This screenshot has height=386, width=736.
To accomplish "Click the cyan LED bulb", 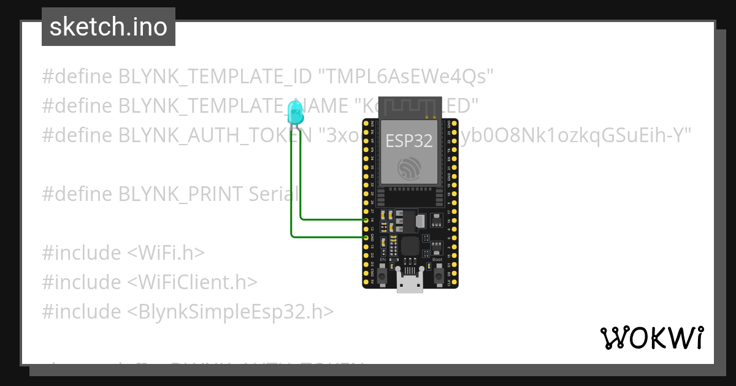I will click(295, 112).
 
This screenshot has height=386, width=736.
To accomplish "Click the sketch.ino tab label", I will click(109, 27).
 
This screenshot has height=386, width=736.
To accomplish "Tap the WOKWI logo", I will click(651, 338).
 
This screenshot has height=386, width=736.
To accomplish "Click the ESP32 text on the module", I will click(409, 141).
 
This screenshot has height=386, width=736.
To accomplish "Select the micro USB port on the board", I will click(409, 283).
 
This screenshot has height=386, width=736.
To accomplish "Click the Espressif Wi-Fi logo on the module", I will click(409, 167).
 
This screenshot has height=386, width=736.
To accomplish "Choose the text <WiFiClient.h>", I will click(192, 282).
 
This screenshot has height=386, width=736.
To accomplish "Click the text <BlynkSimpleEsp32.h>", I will click(231, 312).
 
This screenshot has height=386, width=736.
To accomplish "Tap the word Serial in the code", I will click(274, 194).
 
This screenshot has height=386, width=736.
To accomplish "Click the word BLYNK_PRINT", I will click(182, 194).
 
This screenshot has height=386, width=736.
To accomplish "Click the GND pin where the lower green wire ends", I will click(366, 237).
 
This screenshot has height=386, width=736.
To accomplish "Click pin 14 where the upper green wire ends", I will click(366, 219).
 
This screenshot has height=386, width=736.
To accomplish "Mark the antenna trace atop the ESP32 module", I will click(409, 107).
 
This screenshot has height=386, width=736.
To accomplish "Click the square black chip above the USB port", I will click(410, 247).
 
